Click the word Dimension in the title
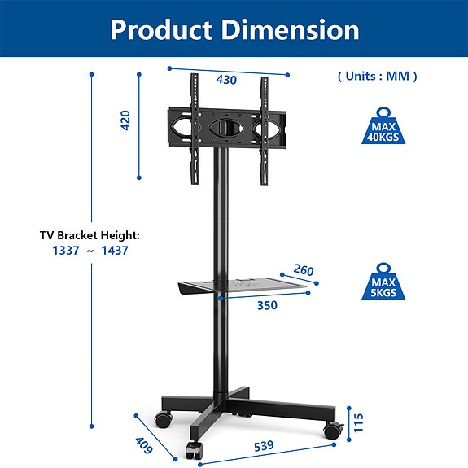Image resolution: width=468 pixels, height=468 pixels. coord(291,30)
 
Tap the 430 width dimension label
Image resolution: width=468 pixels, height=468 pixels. coord(226,80)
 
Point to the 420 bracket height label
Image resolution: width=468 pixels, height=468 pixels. coord(125,120)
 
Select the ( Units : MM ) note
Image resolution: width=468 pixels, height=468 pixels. coord(377,76)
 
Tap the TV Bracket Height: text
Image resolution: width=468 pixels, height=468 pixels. coord(90,235)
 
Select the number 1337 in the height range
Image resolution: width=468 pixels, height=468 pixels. coord(65,251)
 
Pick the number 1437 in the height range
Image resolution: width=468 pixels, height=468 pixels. coord(115,251)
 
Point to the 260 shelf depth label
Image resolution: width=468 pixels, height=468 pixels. coord(304,271)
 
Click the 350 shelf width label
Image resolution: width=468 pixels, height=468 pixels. coord(267,306)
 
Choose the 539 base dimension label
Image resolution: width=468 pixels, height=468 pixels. coord(263,446)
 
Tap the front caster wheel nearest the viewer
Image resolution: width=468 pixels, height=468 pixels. coord(195,450)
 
